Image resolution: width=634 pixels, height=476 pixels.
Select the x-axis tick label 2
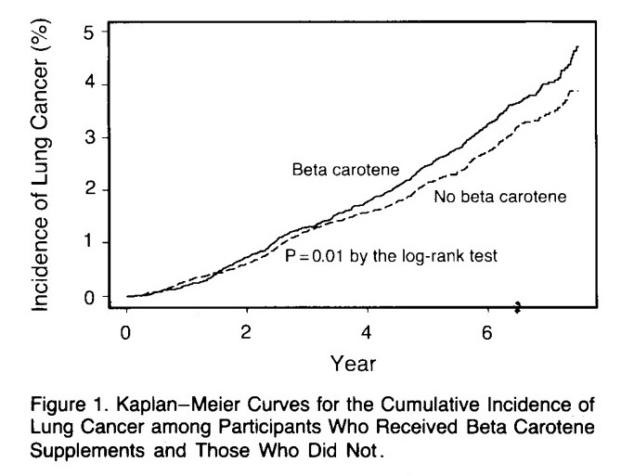point(247,332)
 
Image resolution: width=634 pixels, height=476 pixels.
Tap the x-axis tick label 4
point(368,332)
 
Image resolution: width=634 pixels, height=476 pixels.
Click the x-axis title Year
point(352,364)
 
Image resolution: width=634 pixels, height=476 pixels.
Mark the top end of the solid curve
point(577,46)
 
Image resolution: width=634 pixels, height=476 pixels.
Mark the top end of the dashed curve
point(577,91)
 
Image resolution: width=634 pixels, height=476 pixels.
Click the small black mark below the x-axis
point(518,306)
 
